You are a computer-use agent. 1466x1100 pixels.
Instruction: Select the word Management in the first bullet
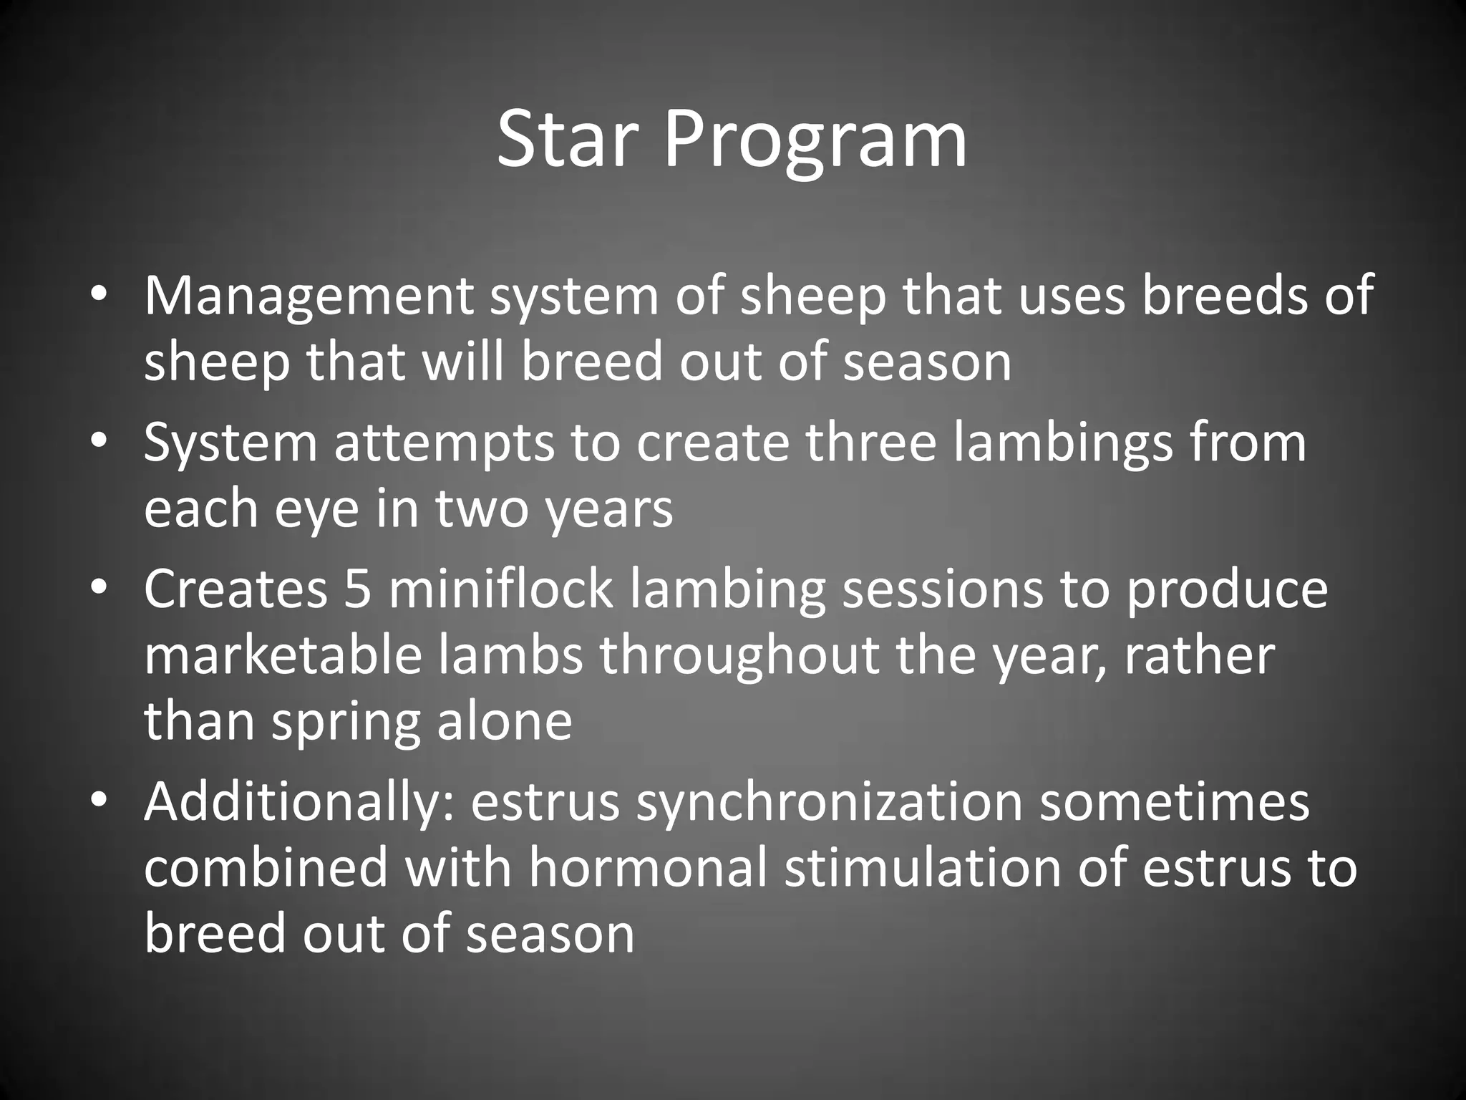click(309, 295)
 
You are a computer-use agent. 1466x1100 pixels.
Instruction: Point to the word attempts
click(444, 443)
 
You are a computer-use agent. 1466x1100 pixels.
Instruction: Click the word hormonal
click(647, 868)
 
